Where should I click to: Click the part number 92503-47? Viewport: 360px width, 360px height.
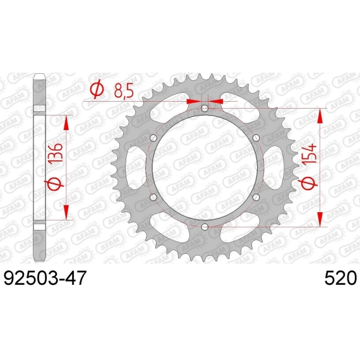[x=45, y=278]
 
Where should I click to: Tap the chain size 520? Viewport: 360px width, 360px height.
[x=340, y=278]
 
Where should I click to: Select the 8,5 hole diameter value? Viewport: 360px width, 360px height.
[x=124, y=91]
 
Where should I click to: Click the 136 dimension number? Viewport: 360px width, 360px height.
[x=56, y=153]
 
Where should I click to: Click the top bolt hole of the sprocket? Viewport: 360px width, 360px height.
[x=205, y=108]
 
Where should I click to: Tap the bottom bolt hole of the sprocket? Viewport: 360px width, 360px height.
[x=205, y=227]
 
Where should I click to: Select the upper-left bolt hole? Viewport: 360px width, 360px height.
[x=153, y=138]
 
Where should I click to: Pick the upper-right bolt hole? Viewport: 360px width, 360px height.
[x=256, y=138]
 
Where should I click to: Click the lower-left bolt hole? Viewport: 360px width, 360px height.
[x=153, y=197]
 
